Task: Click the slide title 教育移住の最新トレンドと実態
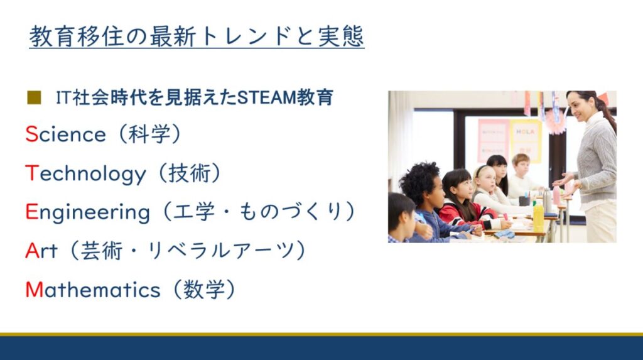point(197,36)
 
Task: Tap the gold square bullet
point(34,98)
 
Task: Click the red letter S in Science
point(31,134)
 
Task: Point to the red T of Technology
point(32,173)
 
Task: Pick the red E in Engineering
point(31,211)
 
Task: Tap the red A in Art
point(33,251)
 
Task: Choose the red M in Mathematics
point(35,290)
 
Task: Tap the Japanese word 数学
point(204,290)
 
